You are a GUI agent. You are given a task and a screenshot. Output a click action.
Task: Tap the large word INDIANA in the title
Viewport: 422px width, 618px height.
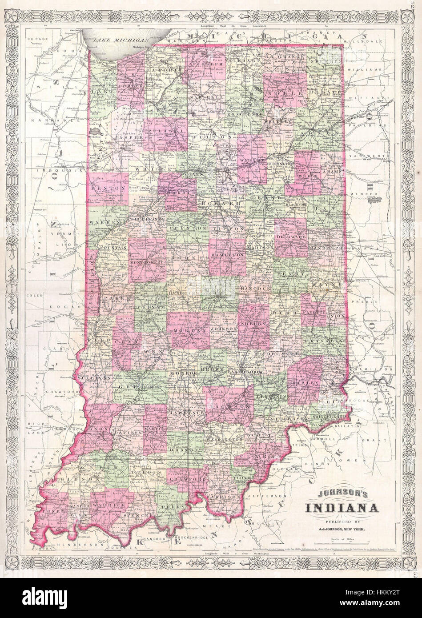[x=342, y=508]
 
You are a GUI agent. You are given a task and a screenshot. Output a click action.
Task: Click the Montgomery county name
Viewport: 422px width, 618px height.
[x=149, y=263]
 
